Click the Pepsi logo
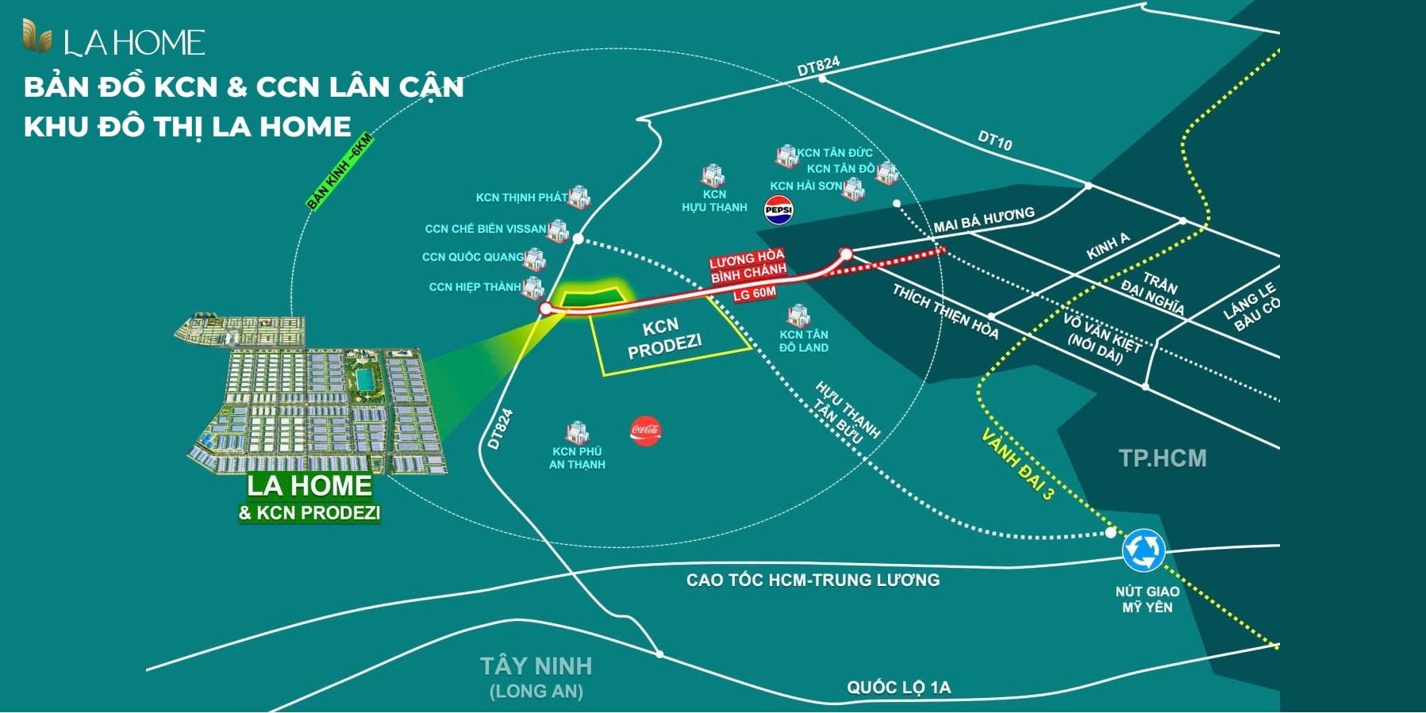(x=778, y=209)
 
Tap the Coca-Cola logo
(x=645, y=431)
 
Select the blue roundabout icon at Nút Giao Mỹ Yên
(x=1143, y=550)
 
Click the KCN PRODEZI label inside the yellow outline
(x=663, y=339)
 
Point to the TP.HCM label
(x=1163, y=458)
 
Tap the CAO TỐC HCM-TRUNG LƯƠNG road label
(x=813, y=580)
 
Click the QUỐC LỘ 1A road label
(x=898, y=687)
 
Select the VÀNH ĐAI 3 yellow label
(x=1018, y=464)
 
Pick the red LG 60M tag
(x=754, y=293)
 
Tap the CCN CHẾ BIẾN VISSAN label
(x=485, y=229)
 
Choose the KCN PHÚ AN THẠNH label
(x=577, y=458)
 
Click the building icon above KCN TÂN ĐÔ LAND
(x=798, y=316)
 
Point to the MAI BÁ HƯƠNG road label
(x=984, y=220)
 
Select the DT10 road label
(x=994, y=141)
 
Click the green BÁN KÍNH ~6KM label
(x=340, y=171)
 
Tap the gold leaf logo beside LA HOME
(x=37, y=36)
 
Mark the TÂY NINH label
(x=536, y=665)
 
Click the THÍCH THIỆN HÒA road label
(x=945, y=312)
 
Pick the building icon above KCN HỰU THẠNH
(x=712, y=175)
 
